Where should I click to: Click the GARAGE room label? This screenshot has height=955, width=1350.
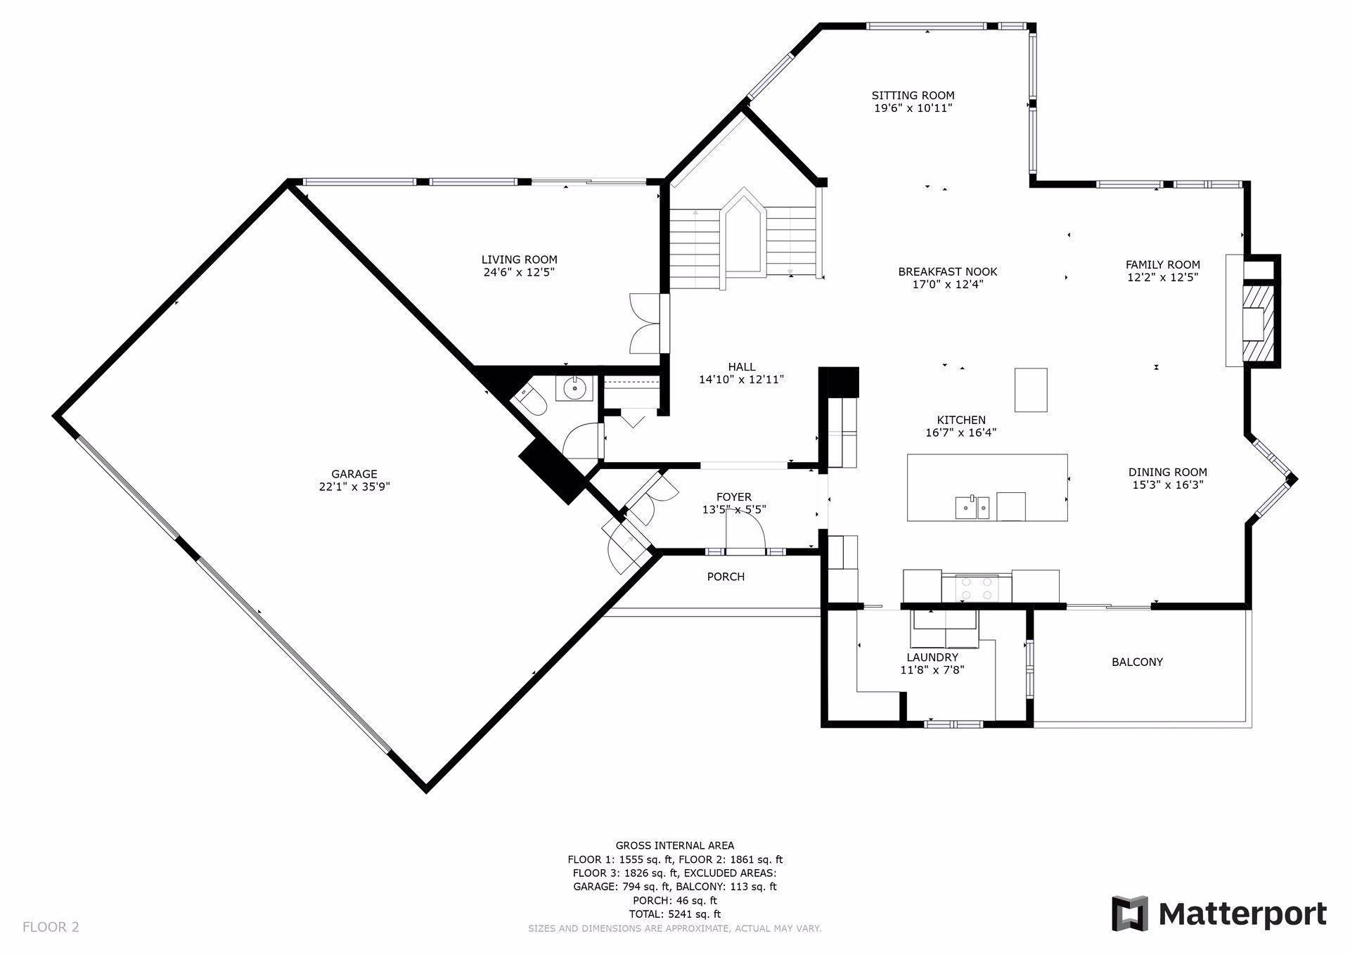pos(354,474)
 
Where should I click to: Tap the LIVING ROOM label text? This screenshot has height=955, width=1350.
pos(519,259)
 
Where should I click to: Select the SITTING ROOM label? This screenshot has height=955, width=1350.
pos(913,96)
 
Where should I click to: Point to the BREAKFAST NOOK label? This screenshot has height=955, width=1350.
pos(947,272)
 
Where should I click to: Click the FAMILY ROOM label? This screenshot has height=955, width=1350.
pos(1162,265)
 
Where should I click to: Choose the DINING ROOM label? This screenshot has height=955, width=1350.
pos(1167,473)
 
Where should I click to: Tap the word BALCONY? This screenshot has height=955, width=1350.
pos(1137,662)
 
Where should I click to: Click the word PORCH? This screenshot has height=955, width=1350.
pos(726,577)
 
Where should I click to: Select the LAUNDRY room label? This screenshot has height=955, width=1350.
pos(932,658)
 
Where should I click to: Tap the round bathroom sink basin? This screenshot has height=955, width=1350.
pos(575,387)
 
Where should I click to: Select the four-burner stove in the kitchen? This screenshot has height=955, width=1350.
pos(977,588)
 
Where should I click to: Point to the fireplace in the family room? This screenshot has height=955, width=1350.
pos(1253,311)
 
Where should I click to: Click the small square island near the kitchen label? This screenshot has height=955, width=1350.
pos(1030,390)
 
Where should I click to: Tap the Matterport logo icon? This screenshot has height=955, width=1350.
pos(1129,914)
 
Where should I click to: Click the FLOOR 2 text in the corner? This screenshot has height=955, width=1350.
pos(51,927)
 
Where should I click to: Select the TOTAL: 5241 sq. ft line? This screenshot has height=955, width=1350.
pos(675,914)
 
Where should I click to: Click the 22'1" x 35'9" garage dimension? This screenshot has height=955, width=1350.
pos(354,487)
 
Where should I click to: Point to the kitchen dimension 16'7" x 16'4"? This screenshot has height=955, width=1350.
pos(961,433)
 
